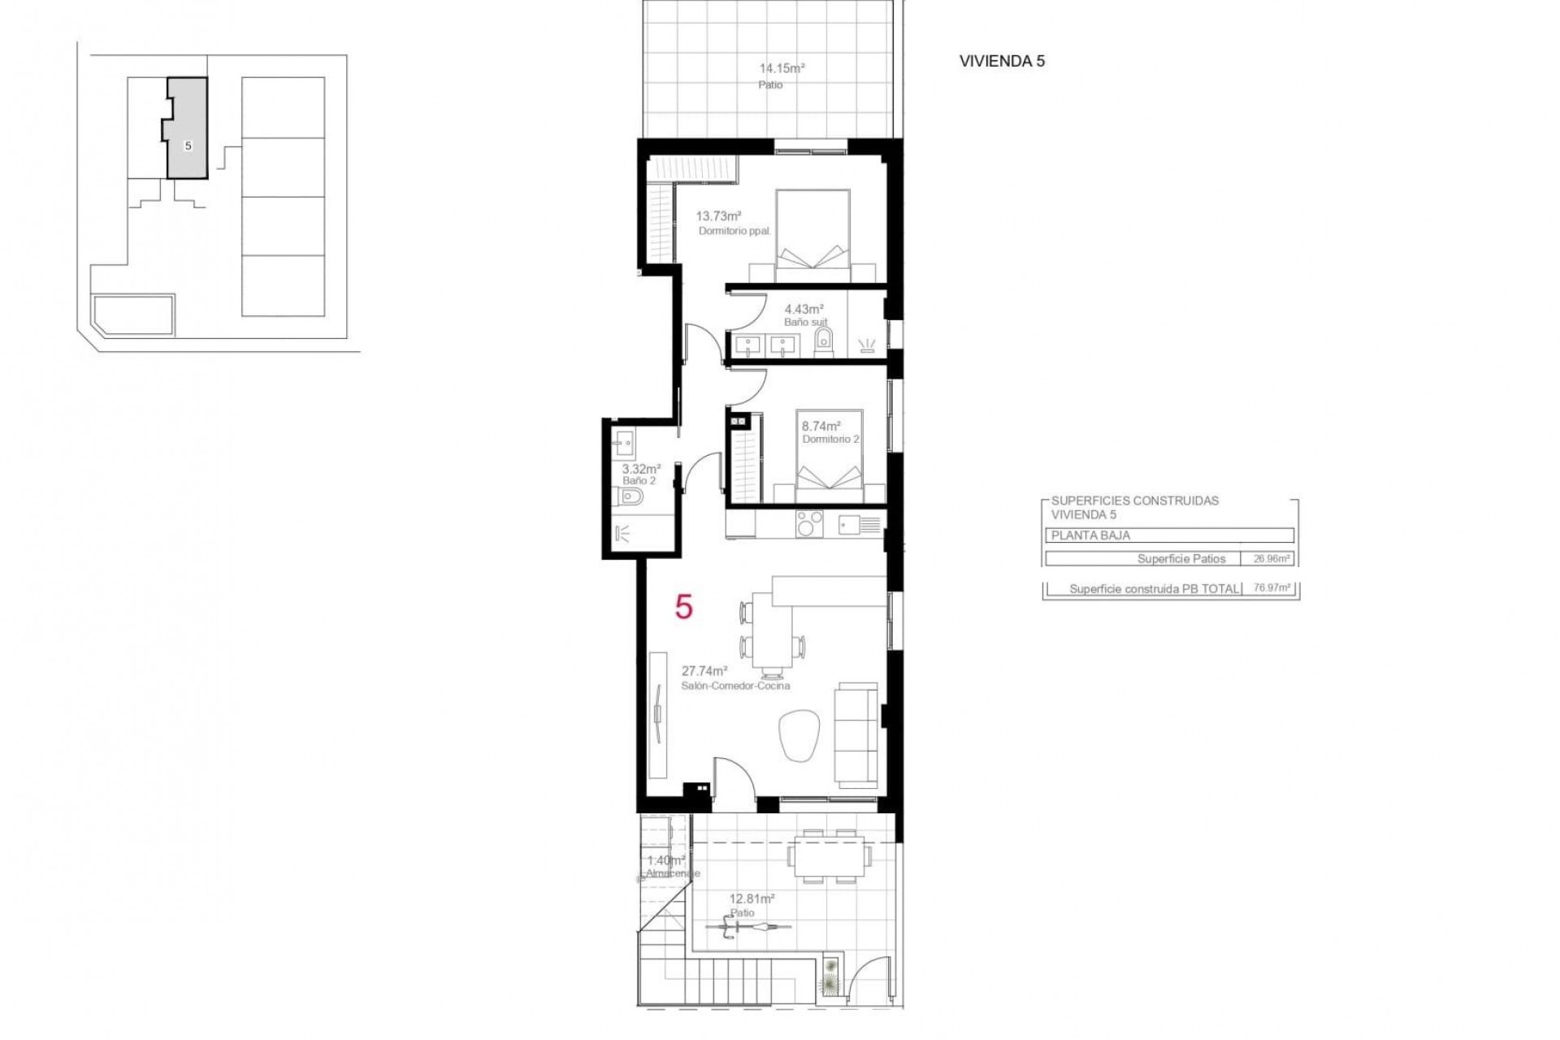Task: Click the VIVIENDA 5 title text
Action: click(x=1002, y=61)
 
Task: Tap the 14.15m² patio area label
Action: click(x=781, y=70)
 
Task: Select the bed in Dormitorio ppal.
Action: click(x=813, y=231)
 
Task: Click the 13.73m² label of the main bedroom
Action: click(x=718, y=217)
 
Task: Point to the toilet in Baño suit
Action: click(x=823, y=343)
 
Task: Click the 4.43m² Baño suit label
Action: click(x=804, y=310)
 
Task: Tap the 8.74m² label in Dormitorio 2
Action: click(x=821, y=426)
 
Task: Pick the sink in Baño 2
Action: click(x=625, y=443)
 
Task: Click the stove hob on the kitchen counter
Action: click(x=809, y=524)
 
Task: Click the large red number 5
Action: click(x=684, y=607)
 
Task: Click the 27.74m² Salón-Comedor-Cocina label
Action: click(x=704, y=671)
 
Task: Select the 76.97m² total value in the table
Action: click(x=1272, y=588)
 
